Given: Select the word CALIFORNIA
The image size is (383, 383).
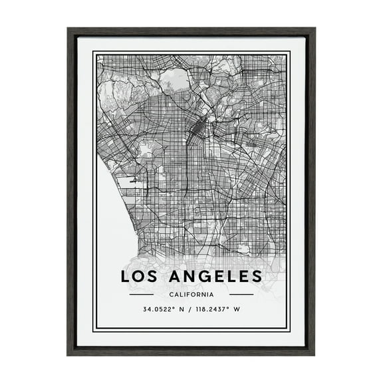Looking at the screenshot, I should click(x=191, y=294).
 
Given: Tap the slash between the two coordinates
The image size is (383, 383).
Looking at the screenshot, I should click(x=190, y=309).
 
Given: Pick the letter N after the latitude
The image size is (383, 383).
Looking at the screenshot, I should click(x=182, y=309).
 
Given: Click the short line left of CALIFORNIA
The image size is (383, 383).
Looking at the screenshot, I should click(x=142, y=294).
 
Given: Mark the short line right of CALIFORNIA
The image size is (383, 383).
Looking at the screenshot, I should click(x=241, y=294).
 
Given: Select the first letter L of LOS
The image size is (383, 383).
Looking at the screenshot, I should click(x=125, y=275).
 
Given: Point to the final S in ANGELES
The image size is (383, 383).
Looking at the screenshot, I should click(x=257, y=275).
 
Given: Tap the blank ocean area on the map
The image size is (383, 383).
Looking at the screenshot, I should click(x=110, y=213).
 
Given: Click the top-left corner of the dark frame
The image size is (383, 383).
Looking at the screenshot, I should click(x=68, y=29).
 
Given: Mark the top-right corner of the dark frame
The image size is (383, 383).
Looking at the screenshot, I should click(x=315, y=29).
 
